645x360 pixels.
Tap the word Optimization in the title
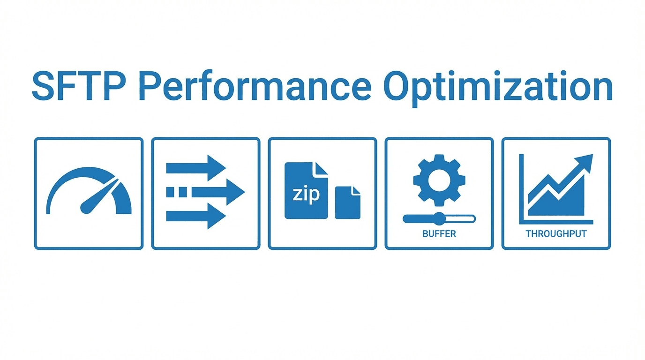point(498,87)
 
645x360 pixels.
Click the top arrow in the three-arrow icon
point(196,167)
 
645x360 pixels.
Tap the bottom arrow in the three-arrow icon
point(196,216)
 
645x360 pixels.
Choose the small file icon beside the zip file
point(347,202)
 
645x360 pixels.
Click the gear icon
point(439,180)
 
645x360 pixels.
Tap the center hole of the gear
point(439,180)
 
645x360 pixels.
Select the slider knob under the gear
point(439,218)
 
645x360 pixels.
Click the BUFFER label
point(439,233)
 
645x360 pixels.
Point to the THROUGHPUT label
point(556,233)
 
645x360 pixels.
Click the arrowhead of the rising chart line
point(586,162)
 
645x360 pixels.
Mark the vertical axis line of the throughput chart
point(521,187)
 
